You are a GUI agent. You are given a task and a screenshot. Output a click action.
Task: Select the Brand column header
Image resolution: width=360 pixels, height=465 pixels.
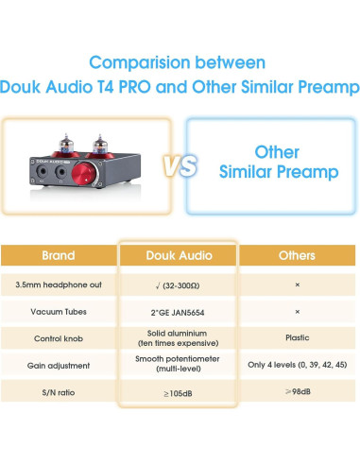tap(58, 255)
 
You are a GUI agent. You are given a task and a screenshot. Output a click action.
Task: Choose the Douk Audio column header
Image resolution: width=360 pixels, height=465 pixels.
tap(178, 255)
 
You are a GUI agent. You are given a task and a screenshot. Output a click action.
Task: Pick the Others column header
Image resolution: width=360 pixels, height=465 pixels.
tap(298, 255)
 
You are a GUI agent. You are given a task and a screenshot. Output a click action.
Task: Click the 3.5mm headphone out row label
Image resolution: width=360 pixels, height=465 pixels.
tap(58, 284)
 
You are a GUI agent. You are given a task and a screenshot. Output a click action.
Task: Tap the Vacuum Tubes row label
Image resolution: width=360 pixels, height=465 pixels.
tap(58, 310)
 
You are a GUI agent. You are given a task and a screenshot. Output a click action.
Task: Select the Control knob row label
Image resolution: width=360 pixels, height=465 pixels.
tap(58, 337)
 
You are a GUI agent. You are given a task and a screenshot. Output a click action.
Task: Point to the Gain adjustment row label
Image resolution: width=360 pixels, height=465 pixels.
tap(58, 365)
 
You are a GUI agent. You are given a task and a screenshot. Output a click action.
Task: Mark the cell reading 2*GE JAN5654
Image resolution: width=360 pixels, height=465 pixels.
tap(178, 310)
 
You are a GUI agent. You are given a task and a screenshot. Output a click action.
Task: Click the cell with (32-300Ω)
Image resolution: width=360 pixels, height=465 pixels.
tap(178, 284)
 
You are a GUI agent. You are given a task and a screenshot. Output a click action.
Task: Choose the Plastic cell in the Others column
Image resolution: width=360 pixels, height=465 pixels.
tap(298, 337)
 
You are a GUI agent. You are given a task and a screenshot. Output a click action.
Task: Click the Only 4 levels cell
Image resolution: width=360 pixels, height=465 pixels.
tap(298, 365)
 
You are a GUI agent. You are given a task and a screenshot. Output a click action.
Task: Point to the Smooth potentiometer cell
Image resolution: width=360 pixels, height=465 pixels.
tap(178, 365)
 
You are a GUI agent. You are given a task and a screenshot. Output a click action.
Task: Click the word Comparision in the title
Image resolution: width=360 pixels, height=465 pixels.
tap(133, 62)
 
